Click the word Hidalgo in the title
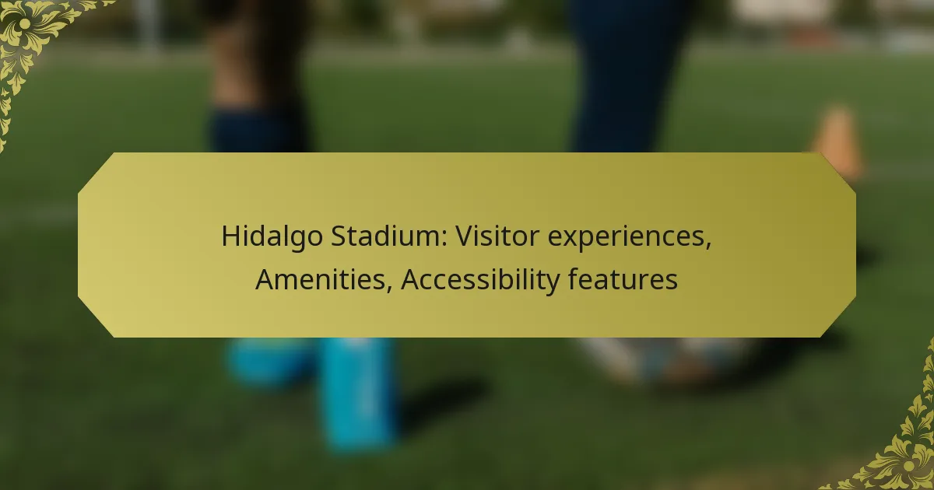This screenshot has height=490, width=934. (x=272, y=237)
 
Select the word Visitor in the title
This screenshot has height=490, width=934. (x=497, y=236)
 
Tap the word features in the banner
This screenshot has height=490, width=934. (x=623, y=278)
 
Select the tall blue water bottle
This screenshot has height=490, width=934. (x=360, y=393)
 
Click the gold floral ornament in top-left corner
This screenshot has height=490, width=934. (x=33, y=42)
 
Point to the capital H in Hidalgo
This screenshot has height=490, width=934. (x=230, y=236)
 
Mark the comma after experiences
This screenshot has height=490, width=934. (x=708, y=245)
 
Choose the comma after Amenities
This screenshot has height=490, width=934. (x=389, y=288)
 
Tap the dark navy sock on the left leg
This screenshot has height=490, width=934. (x=259, y=130)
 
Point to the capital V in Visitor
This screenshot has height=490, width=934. (x=465, y=236)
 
